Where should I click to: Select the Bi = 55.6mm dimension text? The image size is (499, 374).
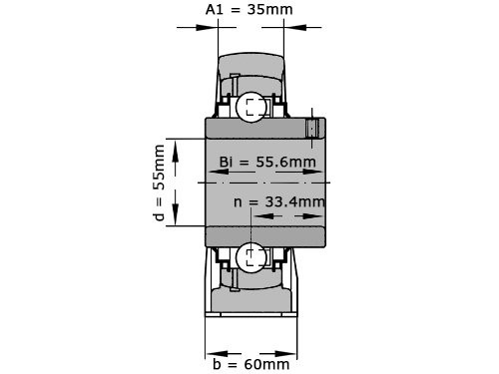click(266, 162)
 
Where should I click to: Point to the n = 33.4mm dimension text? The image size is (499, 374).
click(279, 201)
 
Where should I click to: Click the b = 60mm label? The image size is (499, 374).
click(251, 365)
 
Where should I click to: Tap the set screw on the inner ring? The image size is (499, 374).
click(313, 128)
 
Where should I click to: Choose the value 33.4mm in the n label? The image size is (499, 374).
click(296, 201)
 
